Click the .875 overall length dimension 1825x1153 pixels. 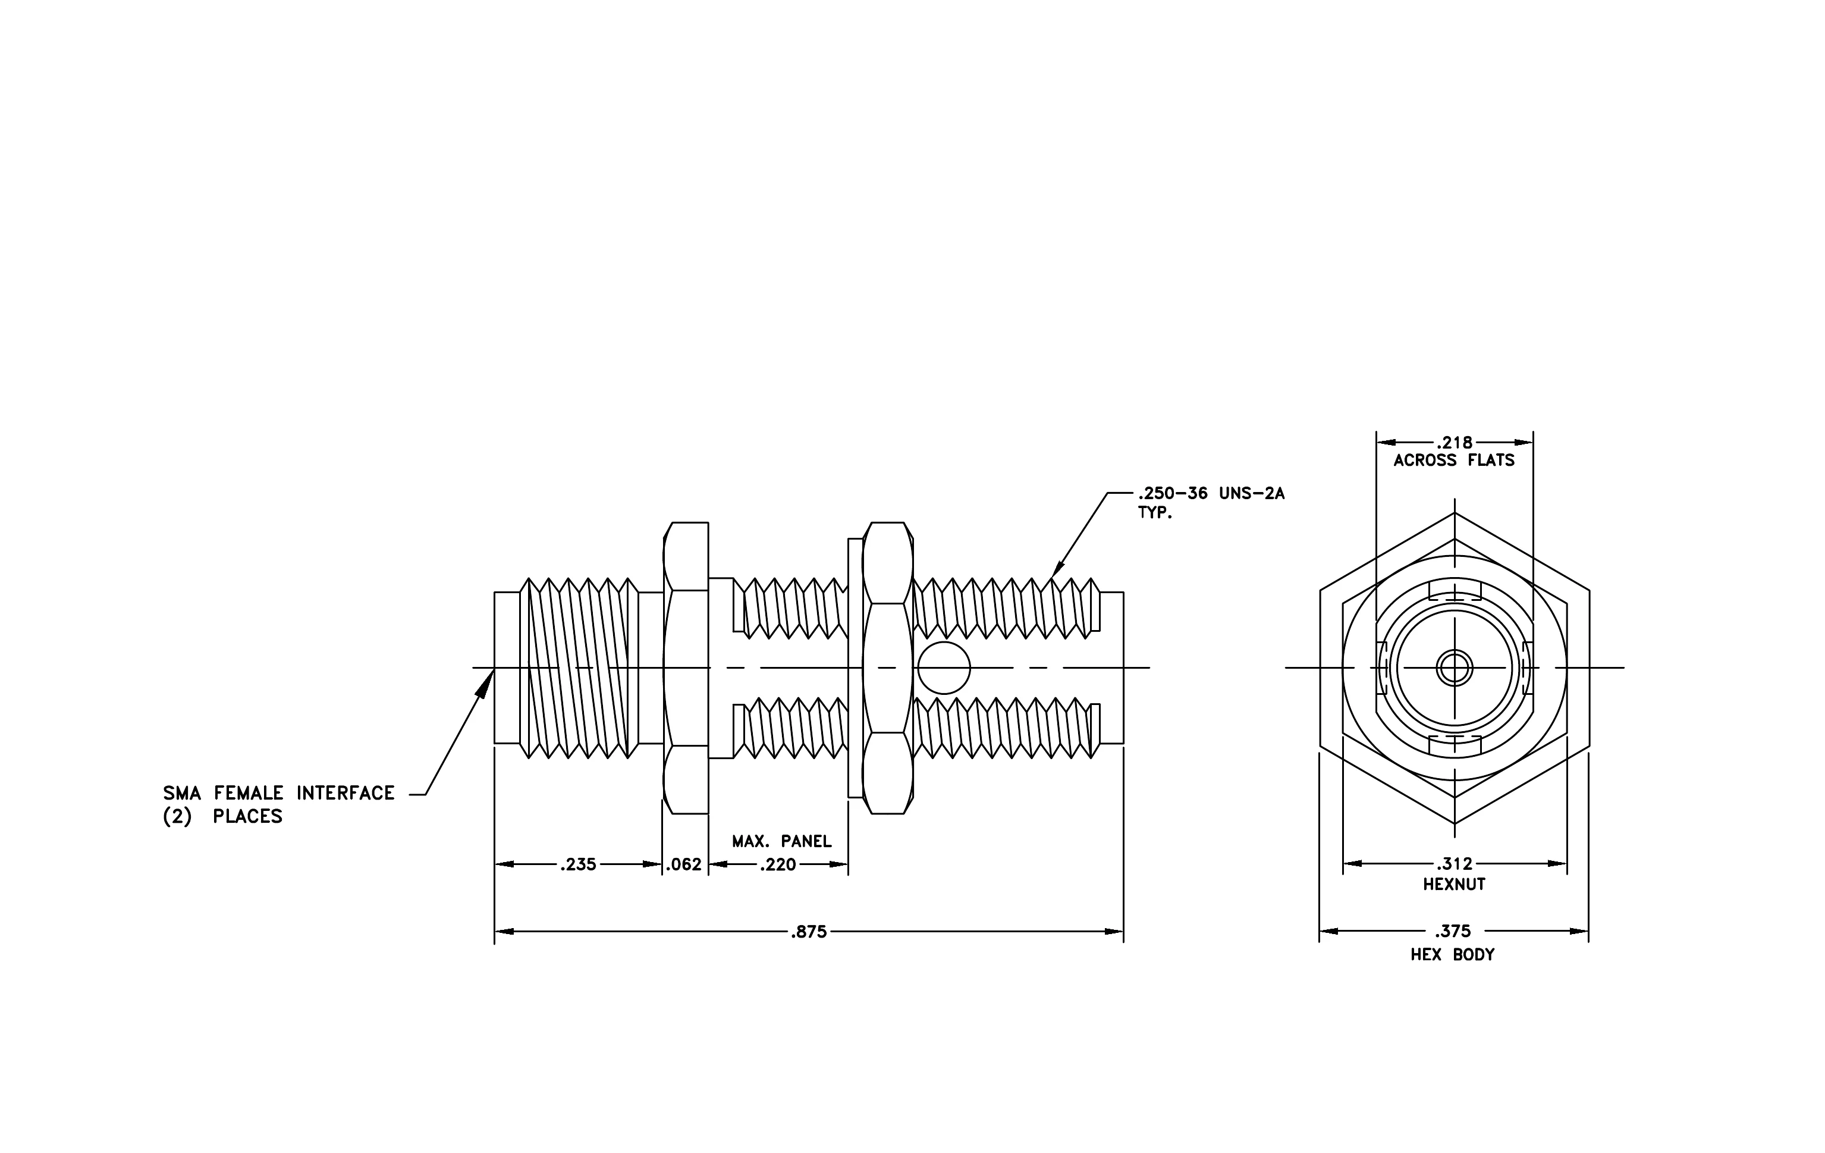(809, 932)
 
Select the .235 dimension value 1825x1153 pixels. (578, 864)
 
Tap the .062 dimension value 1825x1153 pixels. (684, 864)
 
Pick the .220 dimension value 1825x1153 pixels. (778, 864)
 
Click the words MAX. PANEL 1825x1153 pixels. (781, 841)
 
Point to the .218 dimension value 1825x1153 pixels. (1455, 443)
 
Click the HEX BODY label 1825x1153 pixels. (1452, 954)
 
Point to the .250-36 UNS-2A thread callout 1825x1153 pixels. (1211, 493)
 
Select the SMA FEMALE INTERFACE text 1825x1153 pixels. (279, 793)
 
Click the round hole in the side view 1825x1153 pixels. (944, 668)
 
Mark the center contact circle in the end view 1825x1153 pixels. (1455, 668)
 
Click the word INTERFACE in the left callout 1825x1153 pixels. (345, 793)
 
